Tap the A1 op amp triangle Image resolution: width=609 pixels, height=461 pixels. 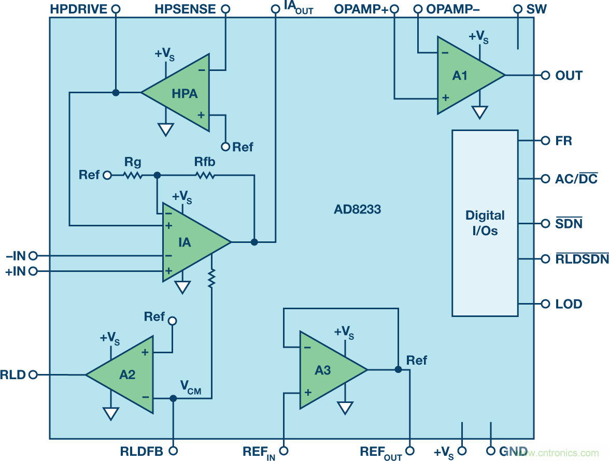pyautogui.click(x=464, y=76)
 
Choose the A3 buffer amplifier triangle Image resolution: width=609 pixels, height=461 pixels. pyautogui.click(x=327, y=370)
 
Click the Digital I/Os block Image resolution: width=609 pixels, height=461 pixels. pyautogui.click(x=485, y=223)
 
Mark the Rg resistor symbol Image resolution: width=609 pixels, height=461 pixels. pyautogui.click(x=132, y=176)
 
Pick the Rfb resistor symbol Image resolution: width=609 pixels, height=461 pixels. pyautogui.click(x=205, y=176)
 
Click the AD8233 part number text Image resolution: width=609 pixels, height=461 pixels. pyautogui.click(x=357, y=210)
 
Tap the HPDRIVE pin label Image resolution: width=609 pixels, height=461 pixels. pyautogui.click(x=79, y=9)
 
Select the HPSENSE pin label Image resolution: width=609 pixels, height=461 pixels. pyautogui.click(x=185, y=9)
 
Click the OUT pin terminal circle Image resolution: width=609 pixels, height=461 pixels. pyautogui.click(x=545, y=75)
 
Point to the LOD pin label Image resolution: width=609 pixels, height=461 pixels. pyautogui.click(x=569, y=304)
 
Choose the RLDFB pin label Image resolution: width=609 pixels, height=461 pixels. pyautogui.click(x=141, y=452)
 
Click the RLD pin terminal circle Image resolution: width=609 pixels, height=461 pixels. pyautogui.click(x=34, y=374)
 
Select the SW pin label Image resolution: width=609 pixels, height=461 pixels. pyautogui.click(x=536, y=9)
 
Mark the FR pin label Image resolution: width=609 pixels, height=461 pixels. pyautogui.click(x=564, y=141)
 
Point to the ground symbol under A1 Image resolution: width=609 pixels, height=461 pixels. pyautogui.click(x=480, y=112)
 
